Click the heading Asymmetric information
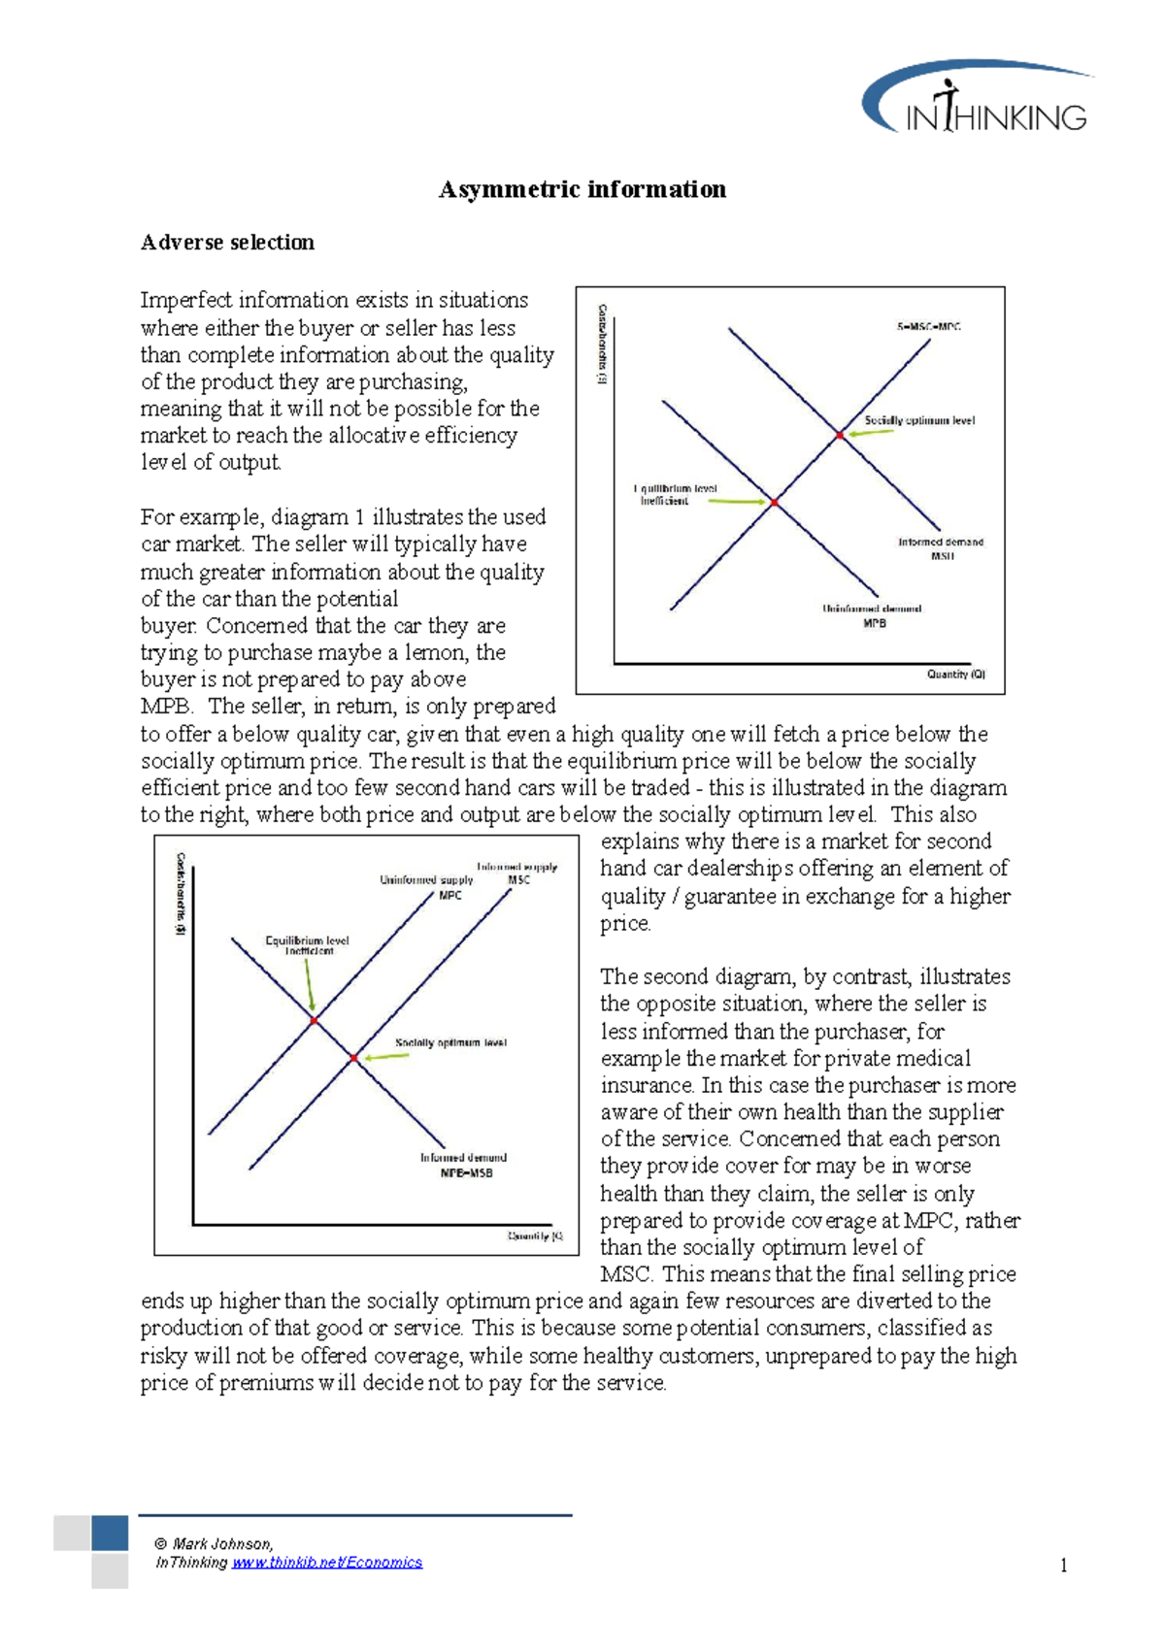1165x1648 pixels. tap(582, 189)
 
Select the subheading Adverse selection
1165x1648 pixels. tap(227, 243)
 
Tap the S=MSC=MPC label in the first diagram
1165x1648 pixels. tap(928, 327)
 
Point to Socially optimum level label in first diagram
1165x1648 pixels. tap(919, 420)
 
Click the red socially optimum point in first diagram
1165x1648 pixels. tap(840, 436)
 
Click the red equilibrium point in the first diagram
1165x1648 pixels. tap(774, 503)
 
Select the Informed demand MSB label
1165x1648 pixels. tap(941, 549)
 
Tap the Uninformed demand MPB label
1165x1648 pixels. tap(873, 615)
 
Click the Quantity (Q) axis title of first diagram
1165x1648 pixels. tap(955, 674)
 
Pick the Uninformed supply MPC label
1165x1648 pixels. tap(428, 886)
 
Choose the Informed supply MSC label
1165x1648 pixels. tap(517, 873)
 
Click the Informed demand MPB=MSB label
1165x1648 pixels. tap(464, 1165)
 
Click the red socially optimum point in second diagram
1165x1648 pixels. tap(354, 1058)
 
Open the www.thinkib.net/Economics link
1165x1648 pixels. tap(327, 1563)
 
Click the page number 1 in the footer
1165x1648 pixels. tap(1064, 1565)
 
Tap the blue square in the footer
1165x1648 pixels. tap(110, 1533)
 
